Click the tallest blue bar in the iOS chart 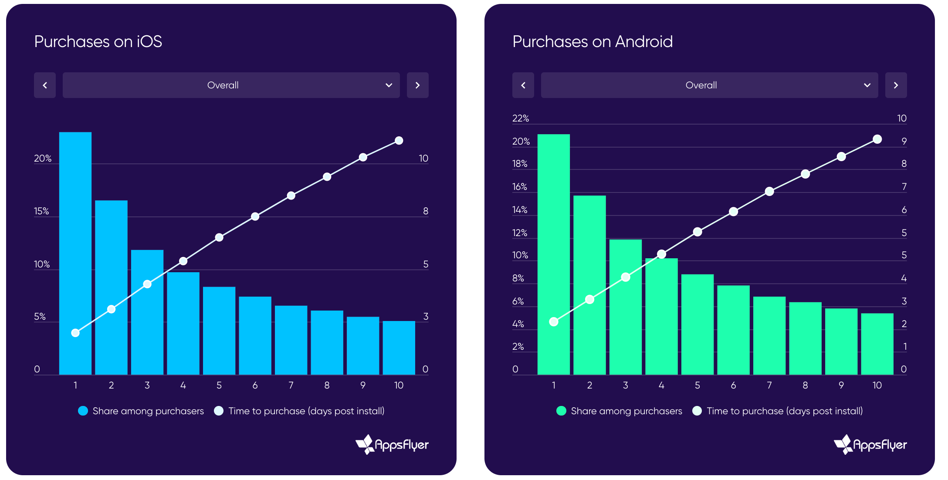tap(75, 253)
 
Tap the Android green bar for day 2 tap(589, 285)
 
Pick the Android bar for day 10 tap(877, 344)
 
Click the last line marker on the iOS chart tap(399, 141)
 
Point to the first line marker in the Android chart tap(554, 322)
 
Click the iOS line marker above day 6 tap(255, 216)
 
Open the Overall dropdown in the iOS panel tap(231, 85)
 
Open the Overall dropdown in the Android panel tap(709, 85)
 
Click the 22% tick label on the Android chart tap(521, 118)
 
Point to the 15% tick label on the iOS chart tap(41, 211)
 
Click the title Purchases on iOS tap(98, 42)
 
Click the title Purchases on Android tap(592, 42)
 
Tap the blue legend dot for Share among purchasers tap(83, 411)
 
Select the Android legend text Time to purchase tap(784, 411)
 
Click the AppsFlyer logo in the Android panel tap(870, 444)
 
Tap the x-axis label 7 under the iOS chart tap(291, 385)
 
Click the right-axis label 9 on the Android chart tap(904, 141)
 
